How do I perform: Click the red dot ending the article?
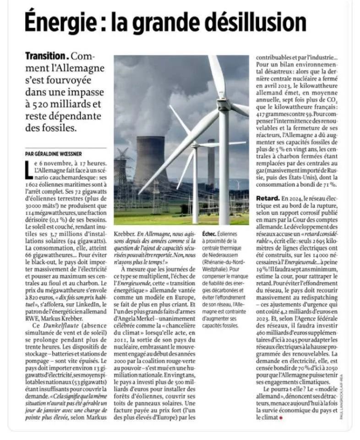tap(281, 418)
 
